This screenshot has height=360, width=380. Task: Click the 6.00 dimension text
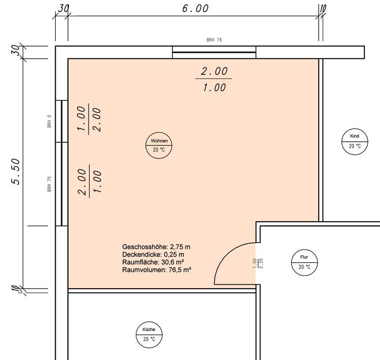tap(196, 9)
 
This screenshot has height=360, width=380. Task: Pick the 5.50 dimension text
tap(16, 172)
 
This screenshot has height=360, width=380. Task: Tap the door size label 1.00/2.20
tap(257, 263)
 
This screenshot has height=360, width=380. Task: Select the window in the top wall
tap(214, 52)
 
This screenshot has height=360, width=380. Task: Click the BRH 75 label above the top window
tap(214, 39)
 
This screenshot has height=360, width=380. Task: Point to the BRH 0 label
tap(50, 121)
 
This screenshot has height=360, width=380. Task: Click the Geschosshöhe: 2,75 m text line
tap(156, 247)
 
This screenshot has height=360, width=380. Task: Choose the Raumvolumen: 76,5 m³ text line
tap(157, 270)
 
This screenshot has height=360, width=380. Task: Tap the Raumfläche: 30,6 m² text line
tap(153, 262)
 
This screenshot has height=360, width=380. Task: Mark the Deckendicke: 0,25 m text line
tap(153, 255)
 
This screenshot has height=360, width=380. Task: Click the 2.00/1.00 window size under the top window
tap(214, 79)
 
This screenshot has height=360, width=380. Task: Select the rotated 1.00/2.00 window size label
tap(89, 118)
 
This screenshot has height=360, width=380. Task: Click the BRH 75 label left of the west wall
tap(50, 184)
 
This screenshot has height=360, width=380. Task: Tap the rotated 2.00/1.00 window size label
tap(89, 181)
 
